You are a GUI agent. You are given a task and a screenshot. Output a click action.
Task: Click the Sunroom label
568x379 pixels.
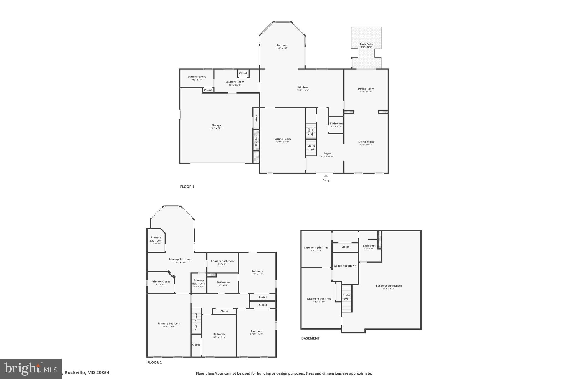click(282, 45)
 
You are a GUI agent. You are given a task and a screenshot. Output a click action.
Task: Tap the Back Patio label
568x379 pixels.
click(366, 44)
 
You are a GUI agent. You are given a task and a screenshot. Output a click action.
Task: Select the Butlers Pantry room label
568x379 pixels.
click(197, 77)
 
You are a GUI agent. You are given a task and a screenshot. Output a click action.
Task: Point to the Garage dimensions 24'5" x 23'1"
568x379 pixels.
click(216, 128)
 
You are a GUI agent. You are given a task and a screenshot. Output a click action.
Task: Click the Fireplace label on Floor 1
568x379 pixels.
click(257, 141)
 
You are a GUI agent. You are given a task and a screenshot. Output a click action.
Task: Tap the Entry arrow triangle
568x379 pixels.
click(326, 176)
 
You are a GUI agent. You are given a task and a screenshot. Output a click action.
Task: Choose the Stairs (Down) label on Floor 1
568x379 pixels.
click(311, 131)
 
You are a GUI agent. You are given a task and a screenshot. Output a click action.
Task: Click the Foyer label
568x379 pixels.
click(327, 154)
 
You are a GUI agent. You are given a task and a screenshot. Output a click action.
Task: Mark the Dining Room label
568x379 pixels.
click(366, 89)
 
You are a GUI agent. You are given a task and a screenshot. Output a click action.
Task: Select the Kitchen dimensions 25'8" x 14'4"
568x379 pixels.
click(303, 90)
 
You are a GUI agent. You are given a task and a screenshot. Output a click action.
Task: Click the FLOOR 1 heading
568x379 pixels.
click(187, 187)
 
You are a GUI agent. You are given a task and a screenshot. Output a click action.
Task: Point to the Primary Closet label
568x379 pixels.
click(161, 282)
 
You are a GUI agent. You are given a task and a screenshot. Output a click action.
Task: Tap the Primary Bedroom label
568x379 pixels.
click(169, 323)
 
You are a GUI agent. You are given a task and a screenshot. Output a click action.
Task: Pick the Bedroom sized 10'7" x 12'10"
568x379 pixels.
click(219, 335)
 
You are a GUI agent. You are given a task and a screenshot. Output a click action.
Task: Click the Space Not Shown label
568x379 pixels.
click(345, 266)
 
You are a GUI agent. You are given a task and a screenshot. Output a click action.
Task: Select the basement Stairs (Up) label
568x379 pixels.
click(347, 297)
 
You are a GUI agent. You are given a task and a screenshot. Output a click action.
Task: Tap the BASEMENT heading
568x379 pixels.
click(310, 338)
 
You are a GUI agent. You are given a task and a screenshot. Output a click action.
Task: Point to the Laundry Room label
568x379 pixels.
click(235, 82)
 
